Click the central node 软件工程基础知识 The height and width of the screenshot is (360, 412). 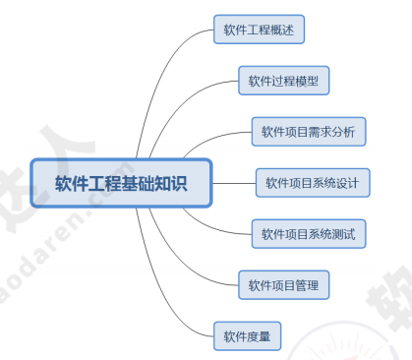pos(121,183)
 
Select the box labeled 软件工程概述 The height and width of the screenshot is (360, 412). pos(260,30)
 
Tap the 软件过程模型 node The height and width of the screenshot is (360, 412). pos(283,81)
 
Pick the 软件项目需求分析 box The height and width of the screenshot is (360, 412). pos(309,132)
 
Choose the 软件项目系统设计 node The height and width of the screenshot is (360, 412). pos(312,183)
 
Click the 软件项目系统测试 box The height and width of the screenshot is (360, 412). pos(309,234)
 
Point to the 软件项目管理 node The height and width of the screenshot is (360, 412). pos(283,285)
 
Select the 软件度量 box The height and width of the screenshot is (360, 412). pos(248,336)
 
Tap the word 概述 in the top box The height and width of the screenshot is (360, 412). pos(284,30)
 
